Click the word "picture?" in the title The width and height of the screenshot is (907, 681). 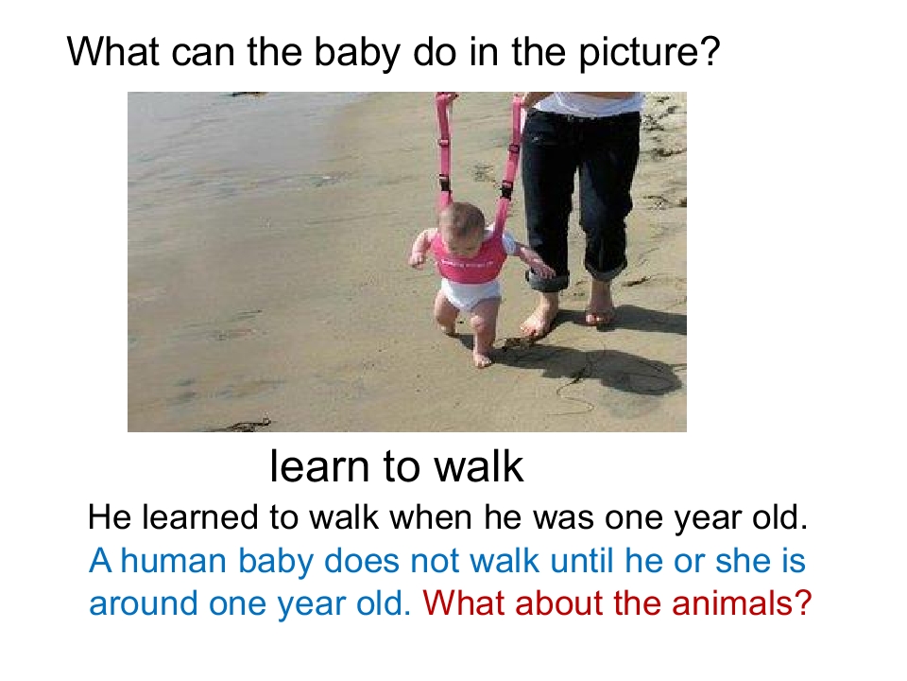click(649, 53)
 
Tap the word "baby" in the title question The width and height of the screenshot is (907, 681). click(357, 53)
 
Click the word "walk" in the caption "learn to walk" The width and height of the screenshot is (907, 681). click(479, 466)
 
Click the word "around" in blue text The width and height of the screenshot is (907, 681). click(144, 603)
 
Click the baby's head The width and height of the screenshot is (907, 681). click(461, 227)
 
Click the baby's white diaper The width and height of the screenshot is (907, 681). click(470, 294)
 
